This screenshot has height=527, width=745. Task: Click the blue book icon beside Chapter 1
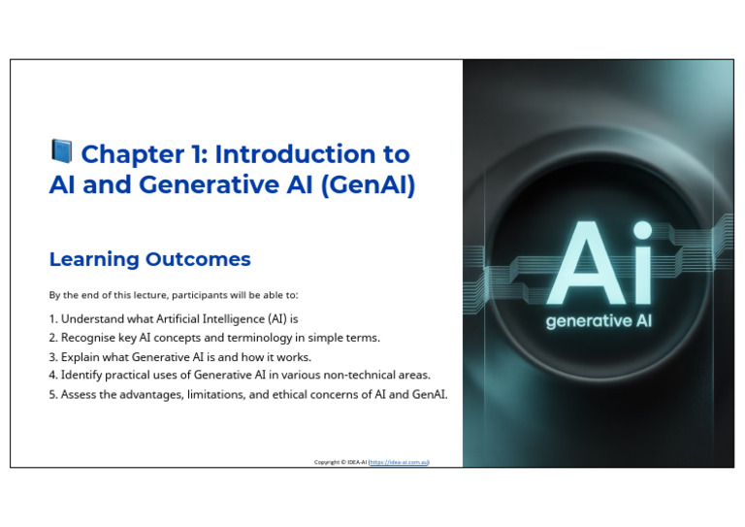[61, 151]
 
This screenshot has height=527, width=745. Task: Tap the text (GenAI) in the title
[369, 184]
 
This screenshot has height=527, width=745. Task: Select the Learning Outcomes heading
[149, 259]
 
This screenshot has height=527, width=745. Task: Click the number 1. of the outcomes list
[52, 319]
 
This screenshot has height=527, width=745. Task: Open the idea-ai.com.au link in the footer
[399, 462]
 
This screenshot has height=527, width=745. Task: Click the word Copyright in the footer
[327, 462]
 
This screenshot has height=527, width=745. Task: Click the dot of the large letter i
[642, 230]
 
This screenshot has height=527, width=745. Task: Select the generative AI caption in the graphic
[599, 321]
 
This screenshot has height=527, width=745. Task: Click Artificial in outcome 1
[178, 319]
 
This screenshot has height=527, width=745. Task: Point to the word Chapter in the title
[133, 155]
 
